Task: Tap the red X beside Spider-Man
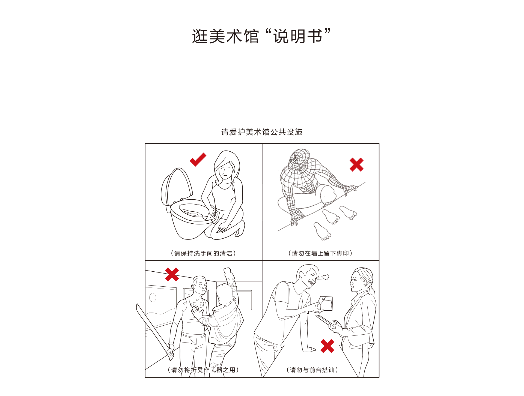coord(356,164)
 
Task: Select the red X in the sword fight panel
coord(172,274)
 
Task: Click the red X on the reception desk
coord(327,346)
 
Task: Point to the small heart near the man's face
coord(326,277)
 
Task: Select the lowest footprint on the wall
coord(322,231)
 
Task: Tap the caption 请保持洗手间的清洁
coord(203,253)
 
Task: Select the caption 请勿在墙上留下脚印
coord(320,253)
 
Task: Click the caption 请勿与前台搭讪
coord(312,370)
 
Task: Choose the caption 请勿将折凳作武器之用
coord(203,370)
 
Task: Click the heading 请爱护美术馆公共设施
coord(262,132)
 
